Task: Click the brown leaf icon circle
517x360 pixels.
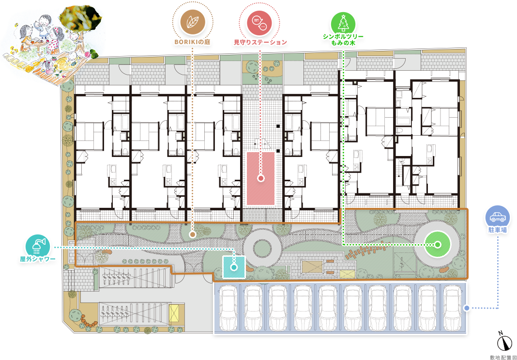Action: tap(193, 23)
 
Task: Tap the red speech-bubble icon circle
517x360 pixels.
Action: tap(259, 23)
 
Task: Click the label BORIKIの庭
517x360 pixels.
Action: tap(193, 42)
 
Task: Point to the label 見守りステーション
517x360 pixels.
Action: tap(260, 42)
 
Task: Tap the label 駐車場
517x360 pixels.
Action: tap(498, 230)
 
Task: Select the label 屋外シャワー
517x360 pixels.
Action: tap(38, 259)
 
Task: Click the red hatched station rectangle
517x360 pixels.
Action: tap(261, 178)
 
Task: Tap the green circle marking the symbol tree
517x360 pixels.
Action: tap(437, 245)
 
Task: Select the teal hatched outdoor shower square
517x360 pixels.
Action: tap(234, 266)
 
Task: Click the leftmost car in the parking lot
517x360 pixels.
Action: tap(228, 308)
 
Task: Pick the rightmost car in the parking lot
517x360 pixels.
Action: tap(452, 308)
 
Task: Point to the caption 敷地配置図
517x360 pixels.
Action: tap(502, 357)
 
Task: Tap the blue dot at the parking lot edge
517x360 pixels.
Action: tap(466, 308)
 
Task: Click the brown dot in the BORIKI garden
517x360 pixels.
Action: tap(193, 235)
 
